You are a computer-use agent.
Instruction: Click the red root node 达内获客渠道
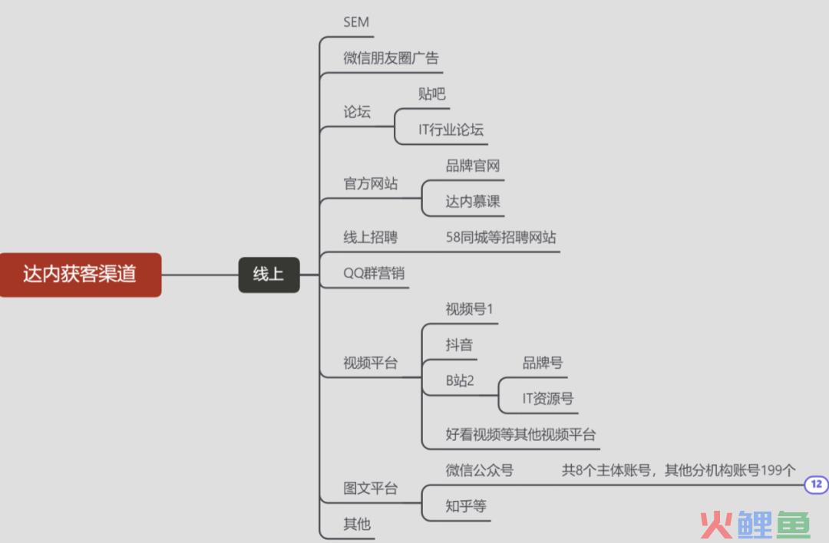coord(81,275)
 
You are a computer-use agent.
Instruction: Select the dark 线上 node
coord(269,275)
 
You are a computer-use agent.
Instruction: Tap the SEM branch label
coord(356,22)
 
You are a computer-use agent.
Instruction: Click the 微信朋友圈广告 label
coord(391,58)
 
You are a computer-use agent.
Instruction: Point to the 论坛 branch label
coord(357,112)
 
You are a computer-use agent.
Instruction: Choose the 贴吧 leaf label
coord(431,94)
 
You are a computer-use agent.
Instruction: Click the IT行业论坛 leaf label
coord(451,130)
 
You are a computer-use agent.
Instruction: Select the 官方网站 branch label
coord(370,183)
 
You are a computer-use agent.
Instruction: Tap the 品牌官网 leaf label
coord(473,166)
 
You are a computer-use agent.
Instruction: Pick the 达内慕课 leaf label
coord(473,201)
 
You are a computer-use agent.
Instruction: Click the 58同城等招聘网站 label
coord(500,237)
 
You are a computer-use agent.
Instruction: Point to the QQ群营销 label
coord(374,273)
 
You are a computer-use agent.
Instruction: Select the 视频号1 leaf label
coord(469,309)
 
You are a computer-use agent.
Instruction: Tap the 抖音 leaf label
coord(459,345)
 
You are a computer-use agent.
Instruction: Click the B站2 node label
coord(460,380)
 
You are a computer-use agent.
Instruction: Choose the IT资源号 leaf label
coord(548,398)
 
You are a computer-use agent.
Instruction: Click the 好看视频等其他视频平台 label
coord(520,434)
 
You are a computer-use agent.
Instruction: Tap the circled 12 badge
coord(816,484)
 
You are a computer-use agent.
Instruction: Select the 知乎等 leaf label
coord(466,506)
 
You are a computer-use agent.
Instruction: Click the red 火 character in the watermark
coord(716,525)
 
